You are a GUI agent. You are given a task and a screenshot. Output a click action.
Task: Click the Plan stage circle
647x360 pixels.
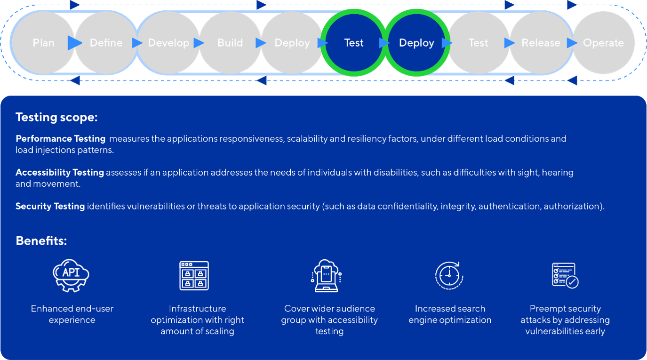(x=43, y=43)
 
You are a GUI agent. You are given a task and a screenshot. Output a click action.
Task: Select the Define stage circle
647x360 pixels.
(x=106, y=43)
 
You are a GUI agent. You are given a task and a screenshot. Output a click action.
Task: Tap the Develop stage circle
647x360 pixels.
(x=168, y=43)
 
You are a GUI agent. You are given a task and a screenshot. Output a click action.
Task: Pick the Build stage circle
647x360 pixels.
(x=230, y=43)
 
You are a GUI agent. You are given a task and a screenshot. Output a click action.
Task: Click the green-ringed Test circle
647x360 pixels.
(x=354, y=43)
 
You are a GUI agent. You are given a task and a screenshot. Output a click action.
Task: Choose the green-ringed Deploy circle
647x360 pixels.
(x=416, y=43)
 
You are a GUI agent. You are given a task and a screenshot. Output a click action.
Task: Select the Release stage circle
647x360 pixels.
(x=541, y=43)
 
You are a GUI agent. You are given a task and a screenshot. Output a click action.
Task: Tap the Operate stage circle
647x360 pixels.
(x=603, y=43)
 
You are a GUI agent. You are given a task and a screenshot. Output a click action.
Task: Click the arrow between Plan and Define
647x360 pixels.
(x=75, y=43)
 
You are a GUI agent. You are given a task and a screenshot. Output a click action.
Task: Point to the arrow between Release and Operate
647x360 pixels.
(x=572, y=43)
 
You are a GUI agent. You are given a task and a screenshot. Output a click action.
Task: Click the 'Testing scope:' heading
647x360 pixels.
(x=56, y=117)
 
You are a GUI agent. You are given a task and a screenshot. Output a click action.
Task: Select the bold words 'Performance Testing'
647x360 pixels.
(x=60, y=139)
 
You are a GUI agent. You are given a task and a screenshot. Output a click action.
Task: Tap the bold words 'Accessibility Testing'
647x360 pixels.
(x=59, y=173)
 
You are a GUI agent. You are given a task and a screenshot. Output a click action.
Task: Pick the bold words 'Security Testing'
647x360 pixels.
(x=50, y=206)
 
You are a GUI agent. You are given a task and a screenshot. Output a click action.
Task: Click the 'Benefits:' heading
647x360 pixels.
(x=41, y=240)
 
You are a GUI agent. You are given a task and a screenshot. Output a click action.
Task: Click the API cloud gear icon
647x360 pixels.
(x=71, y=276)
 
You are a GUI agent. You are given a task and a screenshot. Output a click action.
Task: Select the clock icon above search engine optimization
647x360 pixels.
(x=449, y=275)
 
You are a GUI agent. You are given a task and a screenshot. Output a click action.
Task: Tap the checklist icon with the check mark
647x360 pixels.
(x=565, y=275)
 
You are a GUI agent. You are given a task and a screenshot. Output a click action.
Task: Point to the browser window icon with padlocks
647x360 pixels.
(x=194, y=276)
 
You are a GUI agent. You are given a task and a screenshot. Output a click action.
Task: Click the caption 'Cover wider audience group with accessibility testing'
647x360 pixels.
(x=329, y=320)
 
